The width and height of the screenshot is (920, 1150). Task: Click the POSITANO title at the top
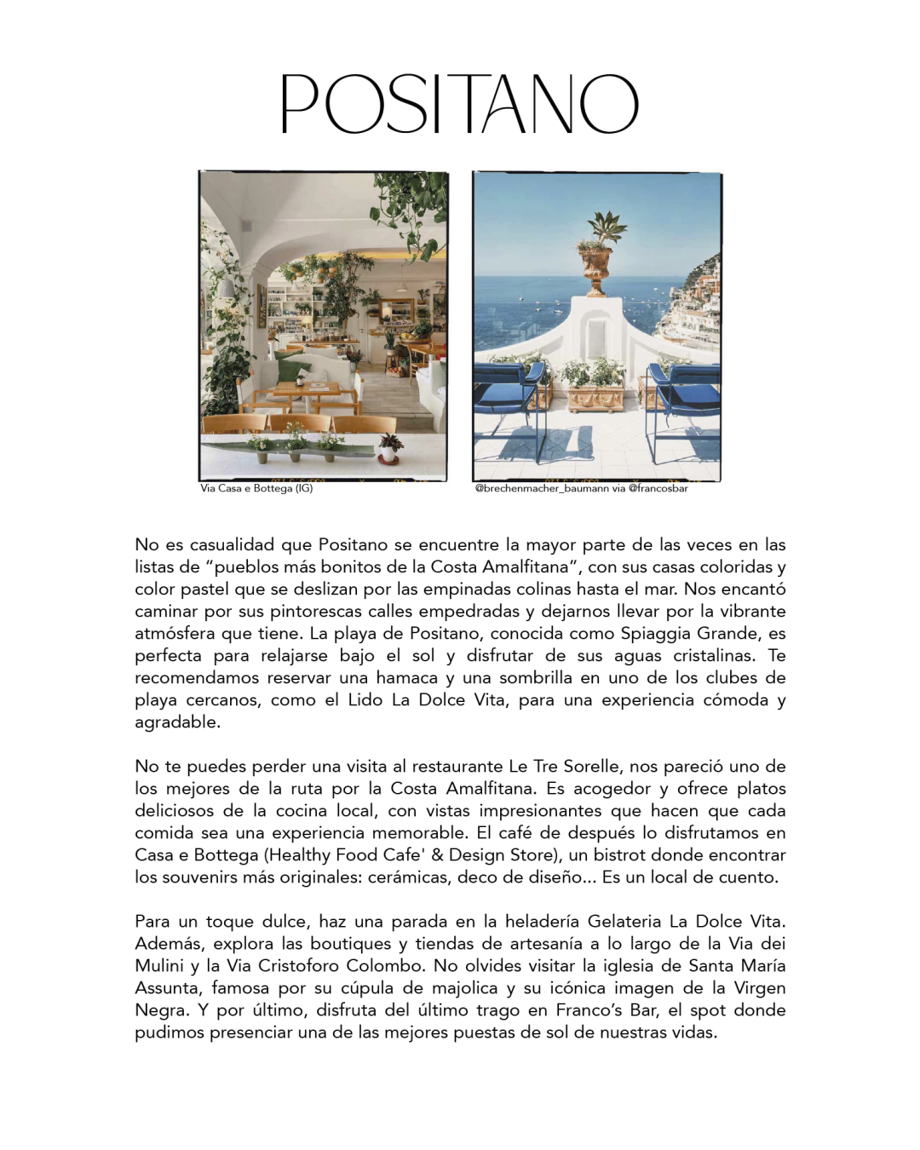(459, 104)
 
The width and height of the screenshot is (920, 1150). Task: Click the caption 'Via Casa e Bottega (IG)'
(256, 488)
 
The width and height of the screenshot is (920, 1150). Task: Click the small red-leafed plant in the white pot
(390, 445)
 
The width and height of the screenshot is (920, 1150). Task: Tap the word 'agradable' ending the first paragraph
(176, 722)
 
